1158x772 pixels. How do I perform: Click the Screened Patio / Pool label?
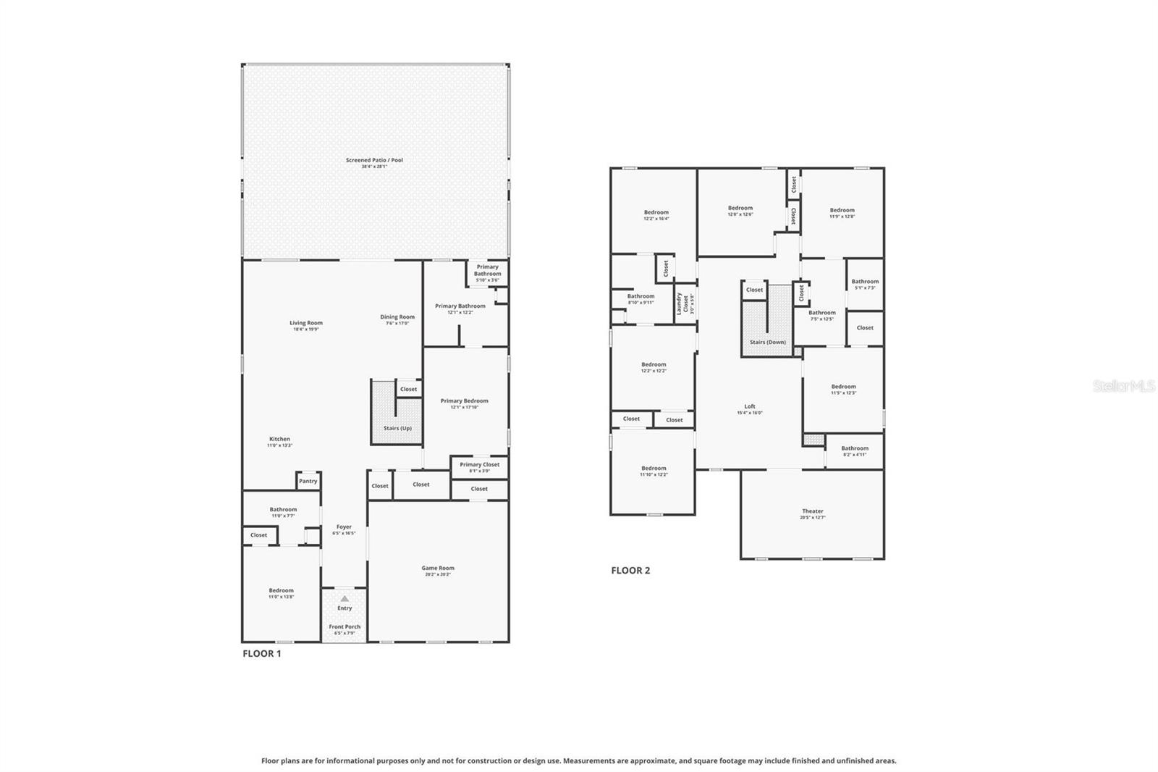374,160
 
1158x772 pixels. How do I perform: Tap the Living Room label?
306,323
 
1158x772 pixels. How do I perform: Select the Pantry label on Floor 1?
308,481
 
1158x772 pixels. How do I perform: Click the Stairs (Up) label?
397,428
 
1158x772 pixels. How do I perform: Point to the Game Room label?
438,568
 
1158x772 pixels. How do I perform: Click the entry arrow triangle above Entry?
345,598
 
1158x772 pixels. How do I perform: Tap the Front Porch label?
345,626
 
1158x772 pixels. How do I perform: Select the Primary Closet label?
479,464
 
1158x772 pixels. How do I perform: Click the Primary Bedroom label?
464,400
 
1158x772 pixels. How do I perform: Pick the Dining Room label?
397,316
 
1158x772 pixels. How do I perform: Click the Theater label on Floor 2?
812,511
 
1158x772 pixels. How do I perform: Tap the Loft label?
750,406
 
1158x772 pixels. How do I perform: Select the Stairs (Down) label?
767,342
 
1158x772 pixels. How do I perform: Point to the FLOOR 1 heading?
261,653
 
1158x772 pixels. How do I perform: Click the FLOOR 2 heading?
630,570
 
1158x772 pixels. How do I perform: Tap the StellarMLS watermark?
1123,387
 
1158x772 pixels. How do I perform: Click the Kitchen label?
279,439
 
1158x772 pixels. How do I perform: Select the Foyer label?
344,526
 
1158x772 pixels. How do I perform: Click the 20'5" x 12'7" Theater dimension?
812,518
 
